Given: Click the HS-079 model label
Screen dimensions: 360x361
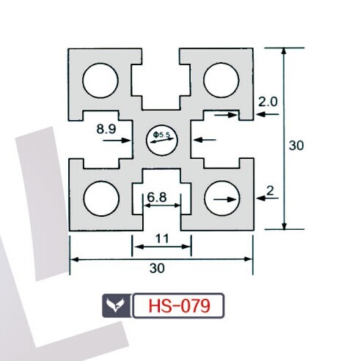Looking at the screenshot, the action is point(179,305).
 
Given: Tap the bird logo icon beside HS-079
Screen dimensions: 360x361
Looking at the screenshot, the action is point(115,305).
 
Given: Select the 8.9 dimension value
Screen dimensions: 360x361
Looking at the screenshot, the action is point(106,129).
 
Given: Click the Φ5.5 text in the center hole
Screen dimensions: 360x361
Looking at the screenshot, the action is point(161,134).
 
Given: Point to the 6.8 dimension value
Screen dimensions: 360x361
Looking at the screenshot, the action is point(157,197).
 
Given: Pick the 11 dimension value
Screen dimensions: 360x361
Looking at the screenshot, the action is point(162,239).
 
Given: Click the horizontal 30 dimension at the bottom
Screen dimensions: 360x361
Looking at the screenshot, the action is point(157,268).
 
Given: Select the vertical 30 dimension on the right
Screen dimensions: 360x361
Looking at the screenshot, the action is point(296,145).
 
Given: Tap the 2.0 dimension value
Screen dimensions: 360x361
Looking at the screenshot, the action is point(268,102).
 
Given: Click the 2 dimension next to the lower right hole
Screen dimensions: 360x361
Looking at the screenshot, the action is point(270,191).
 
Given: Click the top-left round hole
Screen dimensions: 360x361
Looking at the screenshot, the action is point(100,81).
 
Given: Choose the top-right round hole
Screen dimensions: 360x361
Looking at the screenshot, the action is point(221,81).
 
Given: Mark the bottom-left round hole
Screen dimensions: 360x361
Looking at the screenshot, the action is point(101,198).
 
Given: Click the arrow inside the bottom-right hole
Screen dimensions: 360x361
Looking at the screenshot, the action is point(225,200).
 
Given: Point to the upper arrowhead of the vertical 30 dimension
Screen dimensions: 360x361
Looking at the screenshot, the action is point(284,51).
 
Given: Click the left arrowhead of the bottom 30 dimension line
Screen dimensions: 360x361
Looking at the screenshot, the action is point(74,259).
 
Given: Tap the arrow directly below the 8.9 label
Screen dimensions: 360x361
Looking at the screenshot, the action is point(117,141).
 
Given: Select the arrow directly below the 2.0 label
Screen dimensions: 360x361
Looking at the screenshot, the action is point(268,114).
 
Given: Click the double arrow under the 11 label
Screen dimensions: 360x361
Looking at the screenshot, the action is point(162,247).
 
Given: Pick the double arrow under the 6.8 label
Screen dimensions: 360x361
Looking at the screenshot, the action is point(162,206).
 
